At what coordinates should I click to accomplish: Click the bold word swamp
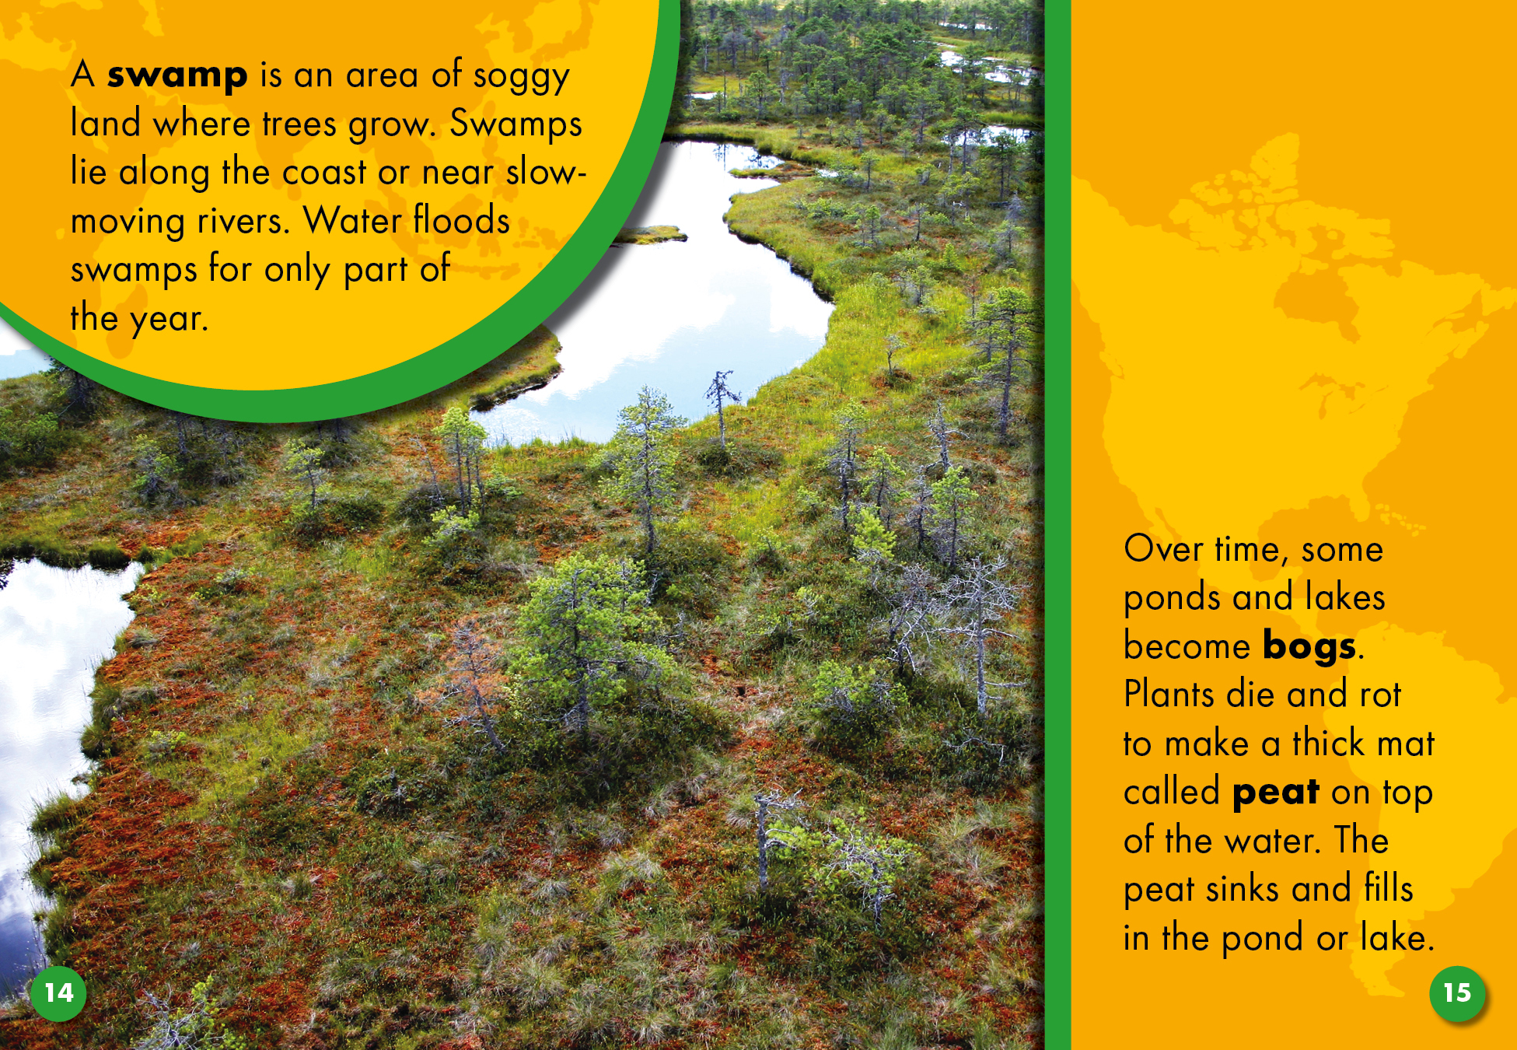tap(177, 76)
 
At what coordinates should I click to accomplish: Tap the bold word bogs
tap(1309, 647)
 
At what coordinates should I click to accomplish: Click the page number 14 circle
tap(58, 993)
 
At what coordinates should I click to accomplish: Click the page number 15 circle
tap(1457, 993)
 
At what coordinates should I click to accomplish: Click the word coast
tap(324, 172)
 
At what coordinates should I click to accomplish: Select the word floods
tap(462, 219)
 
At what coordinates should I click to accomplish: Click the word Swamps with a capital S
tap(516, 125)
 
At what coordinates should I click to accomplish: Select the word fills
tap(1389, 887)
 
